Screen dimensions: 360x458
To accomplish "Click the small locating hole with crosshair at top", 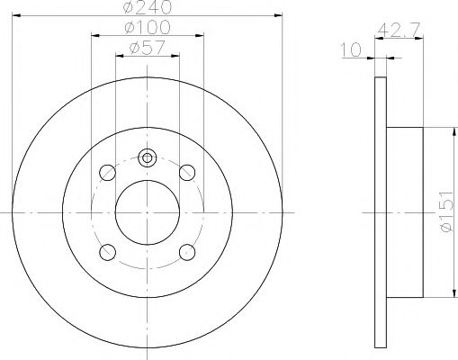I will (147, 157).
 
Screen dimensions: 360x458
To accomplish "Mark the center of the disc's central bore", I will (147, 211).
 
